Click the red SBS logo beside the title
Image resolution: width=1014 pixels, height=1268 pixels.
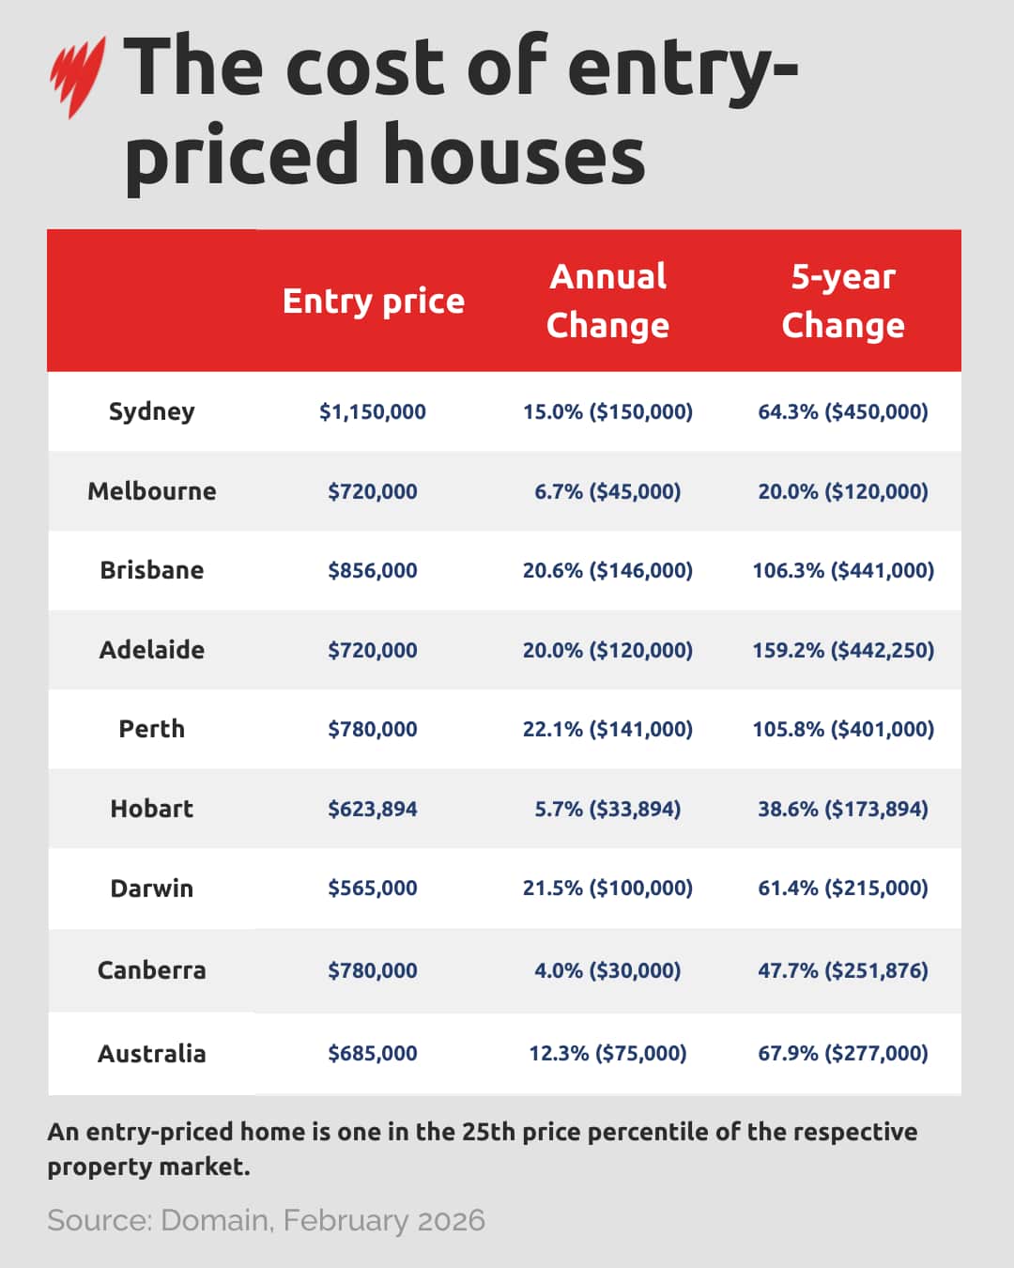pyautogui.click(x=77, y=75)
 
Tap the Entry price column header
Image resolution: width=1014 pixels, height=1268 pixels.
pyautogui.click(x=373, y=301)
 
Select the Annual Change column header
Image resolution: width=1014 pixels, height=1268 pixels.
pyautogui.click(x=607, y=301)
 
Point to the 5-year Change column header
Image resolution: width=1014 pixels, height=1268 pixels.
pyautogui.click(x=842, y=301)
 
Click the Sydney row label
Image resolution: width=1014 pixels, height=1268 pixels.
pyautogui.click(x=151, y=411)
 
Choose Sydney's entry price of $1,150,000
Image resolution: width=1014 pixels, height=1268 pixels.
pyautogui.click(x=373, y=411)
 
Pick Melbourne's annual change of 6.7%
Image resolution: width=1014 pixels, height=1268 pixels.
pyautogui.click(x=607, y=491)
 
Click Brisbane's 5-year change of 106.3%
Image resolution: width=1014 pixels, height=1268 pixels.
pyautogui.click(x=842, y=570)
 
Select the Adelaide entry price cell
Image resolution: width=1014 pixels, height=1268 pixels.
pyautogui.click(x=373, y=650)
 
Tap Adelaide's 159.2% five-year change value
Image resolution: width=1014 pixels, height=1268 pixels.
pyautogui.click(x=842, y=650)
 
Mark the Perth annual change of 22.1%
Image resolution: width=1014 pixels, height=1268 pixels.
pyautogui.click(x=607, y=729)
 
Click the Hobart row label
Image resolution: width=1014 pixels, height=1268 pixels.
pyautogui.click(x=151, y=809)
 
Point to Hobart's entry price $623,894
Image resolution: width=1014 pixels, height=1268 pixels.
pyautogui.click(x=373, y=809)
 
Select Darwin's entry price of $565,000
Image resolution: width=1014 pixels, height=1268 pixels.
pyautogui.click(x=373, y=888)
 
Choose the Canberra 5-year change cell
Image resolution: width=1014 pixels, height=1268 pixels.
pyautogui.click(x=842, y=970)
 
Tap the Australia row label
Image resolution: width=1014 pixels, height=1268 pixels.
pyautogui.click(x=151, y=1053)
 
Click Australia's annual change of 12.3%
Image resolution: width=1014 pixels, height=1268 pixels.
pyautogui.click(x=607, y=1053)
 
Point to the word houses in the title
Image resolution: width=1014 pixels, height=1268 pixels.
pyautogui.click(x=514, y=155)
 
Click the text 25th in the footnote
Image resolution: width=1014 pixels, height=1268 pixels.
pyautogui.click(x=488, y=1131)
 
